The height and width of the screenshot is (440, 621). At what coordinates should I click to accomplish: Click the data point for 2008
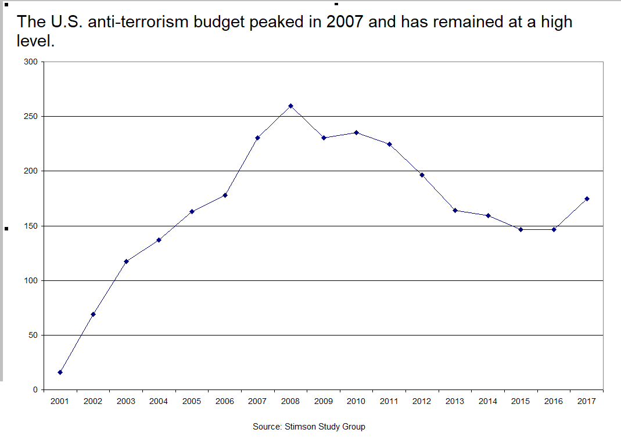[x=290, y=106]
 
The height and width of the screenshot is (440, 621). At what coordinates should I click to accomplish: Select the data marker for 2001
[x=60, y=372]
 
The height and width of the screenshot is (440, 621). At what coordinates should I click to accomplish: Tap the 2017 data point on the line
[x=587, y=199]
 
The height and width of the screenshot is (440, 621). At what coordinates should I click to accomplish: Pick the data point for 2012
[x=422, y=175]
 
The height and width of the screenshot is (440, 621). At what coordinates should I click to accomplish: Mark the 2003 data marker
[x=126, y=262]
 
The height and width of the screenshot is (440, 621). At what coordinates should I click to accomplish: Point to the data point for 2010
[x=357, y=132]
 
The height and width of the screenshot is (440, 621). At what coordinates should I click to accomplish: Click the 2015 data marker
[x=521, y=229]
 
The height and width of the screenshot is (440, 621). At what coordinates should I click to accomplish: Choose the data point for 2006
[x=225, y=195]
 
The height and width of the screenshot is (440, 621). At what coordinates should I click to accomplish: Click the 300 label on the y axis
[x=31, y=62]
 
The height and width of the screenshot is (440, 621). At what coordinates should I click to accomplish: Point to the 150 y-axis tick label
[x=31, y=226]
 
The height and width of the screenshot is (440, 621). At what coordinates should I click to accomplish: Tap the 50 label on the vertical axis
[x=33, y=335]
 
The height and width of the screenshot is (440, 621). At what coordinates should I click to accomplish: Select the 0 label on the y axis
[x=35, y=389]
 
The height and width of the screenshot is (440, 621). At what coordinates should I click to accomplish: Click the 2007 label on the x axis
[x=257, y=401]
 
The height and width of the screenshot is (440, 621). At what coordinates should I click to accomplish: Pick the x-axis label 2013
[x=455, y=401]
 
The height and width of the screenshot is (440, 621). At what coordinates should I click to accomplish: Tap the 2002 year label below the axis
[x=93, y=401]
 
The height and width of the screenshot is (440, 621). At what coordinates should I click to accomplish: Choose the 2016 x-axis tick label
[x=554, y=401]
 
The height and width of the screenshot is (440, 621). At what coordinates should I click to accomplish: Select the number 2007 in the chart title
[x=344, y=21]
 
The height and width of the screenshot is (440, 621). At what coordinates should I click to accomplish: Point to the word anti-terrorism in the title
[x=138, y=21]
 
